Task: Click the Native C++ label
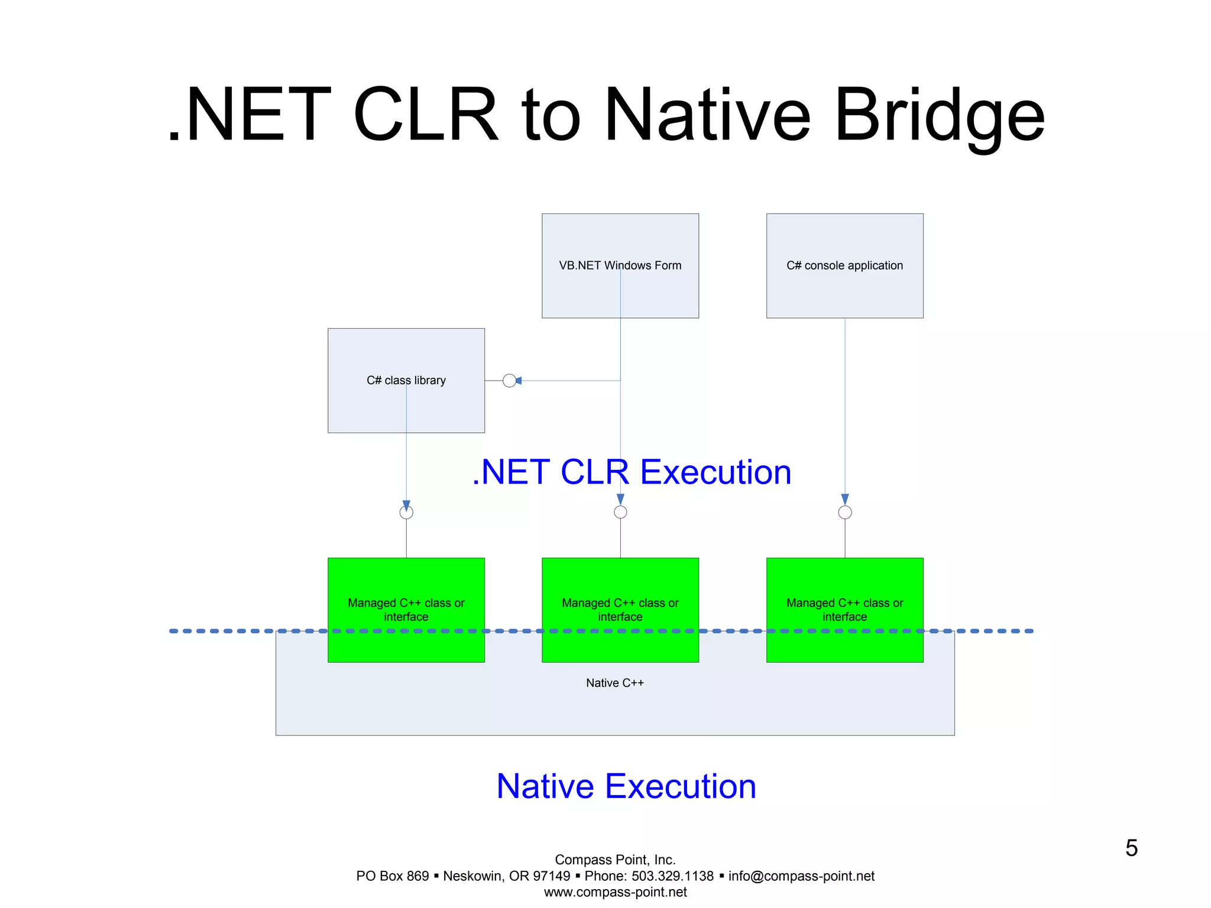click(x=614, y=683)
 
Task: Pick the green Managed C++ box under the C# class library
click(x=406, y=609)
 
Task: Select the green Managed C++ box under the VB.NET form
click(x=620, y=609)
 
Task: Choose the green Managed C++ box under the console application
click(x=844, y=609)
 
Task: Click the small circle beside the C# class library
click(x=509, y=381)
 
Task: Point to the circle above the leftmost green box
click(x=406, y=513)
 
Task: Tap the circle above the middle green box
click(x=620, y=513)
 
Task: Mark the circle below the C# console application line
click(x=845, y=513)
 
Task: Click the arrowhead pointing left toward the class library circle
click(x=519, y=381)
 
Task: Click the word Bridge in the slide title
click(x=940, y=115)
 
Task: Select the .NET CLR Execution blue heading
click(x=632, y=472)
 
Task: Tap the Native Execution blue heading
click(x=626, y=786)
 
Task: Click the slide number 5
click(x=1131, y=848)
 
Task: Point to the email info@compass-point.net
click(x=801, y=876)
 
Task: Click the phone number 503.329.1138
click(x=672, y=876)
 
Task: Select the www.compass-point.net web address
click(x=615, y=892)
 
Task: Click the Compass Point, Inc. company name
click(x=615, y=860)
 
